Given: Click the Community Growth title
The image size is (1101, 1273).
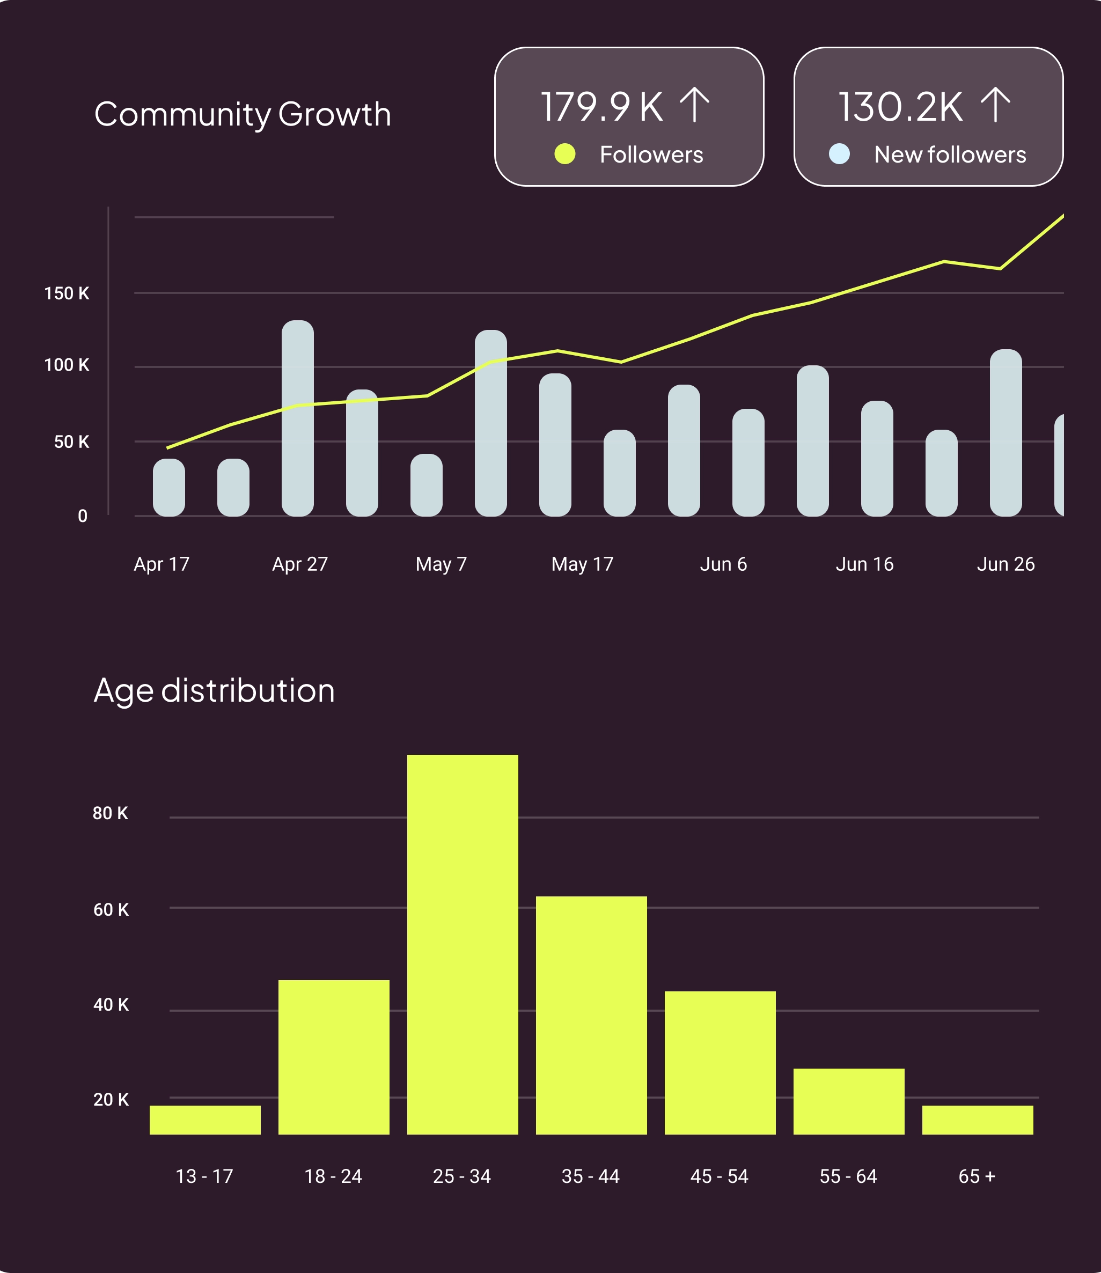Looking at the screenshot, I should coord(243,114).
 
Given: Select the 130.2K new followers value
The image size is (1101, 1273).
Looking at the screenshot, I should coord(900,107).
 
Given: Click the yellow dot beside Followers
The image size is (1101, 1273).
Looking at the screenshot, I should coord(564,153).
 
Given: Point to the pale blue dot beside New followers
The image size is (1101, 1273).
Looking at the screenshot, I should coord(839,153).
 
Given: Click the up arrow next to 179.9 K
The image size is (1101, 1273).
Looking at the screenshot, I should coord(695,105).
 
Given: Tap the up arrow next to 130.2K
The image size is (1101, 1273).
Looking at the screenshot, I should coord(995,105).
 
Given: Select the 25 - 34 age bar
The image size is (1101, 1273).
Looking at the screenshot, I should coord(463,944).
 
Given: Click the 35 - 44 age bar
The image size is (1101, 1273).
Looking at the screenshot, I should coord(591,1015).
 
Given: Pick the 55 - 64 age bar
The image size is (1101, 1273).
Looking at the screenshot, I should coord(848,1101).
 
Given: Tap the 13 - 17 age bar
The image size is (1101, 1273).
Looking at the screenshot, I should coord(205,1120).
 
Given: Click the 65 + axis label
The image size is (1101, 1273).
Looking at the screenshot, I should coord(977,1176).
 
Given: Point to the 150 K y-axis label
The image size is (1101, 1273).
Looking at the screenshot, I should coord(67,293).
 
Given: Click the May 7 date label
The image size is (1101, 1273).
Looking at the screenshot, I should coord(441,563).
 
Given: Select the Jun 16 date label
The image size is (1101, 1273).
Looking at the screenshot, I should coord(864,563).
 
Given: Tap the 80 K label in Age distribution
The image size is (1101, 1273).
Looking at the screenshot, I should coord(111,813).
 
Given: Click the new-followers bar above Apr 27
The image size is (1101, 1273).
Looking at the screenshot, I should coord(298,418).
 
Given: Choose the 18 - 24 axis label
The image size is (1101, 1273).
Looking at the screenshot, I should coord(334,1176).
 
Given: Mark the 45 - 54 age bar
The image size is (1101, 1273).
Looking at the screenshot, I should coord(720,1063).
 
